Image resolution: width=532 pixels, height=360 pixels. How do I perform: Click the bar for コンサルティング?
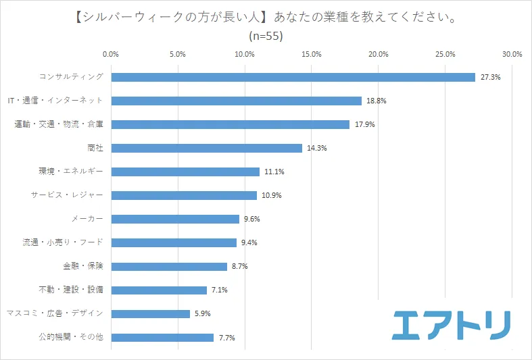pos(293,77)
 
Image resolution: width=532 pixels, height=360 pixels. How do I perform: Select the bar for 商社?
pos(206,148)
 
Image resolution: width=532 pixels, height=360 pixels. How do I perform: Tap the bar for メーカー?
pos(175,219)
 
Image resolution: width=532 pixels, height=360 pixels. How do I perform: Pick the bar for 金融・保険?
pos(169,266)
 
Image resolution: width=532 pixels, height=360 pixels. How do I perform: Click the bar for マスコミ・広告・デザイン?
pos(150,313)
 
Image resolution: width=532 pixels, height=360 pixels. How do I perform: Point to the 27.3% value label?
pos(490,77)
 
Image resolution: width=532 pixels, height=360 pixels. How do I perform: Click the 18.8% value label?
pos(376,101)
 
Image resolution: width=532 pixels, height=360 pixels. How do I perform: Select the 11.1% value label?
pos(274,172)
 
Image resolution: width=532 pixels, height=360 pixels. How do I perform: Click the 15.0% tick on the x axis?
pos(312,54)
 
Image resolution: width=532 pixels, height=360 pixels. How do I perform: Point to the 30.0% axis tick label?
pos(512,54)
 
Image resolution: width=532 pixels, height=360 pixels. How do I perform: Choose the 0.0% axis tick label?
pos(111,54)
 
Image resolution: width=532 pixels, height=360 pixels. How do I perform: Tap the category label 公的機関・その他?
pos(70,337)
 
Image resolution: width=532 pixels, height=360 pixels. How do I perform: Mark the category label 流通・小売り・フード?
pos(64,242)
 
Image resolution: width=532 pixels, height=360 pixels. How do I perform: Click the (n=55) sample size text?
pos(266,36)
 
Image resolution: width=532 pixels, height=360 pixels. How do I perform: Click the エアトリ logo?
pos(452,325)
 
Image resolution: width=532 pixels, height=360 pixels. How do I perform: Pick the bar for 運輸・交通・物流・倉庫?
pos(230,124)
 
